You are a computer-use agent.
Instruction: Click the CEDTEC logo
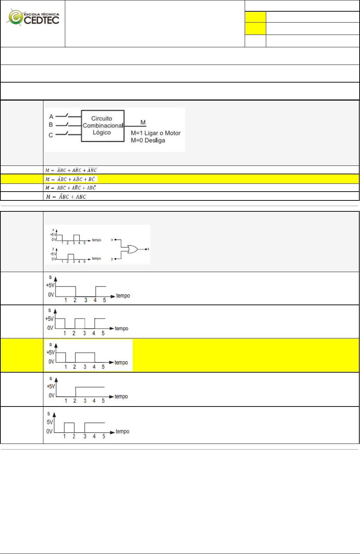pos(33,17)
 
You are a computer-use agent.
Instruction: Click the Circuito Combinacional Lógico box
pos(103,126)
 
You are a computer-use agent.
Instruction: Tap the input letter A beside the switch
pos(51,117)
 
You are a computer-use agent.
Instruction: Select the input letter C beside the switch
pos(51,135)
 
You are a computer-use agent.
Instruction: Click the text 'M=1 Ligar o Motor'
pos(155,133)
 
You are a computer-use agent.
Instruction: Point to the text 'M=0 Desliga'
pos(148,140)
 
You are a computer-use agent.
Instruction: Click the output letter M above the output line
pos(143,122)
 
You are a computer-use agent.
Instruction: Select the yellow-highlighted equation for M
pos(71,179)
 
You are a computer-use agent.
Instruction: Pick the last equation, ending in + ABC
pos(66,197)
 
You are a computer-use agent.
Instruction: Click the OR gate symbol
pos(133,249)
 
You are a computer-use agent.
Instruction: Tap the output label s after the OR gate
pos(148,249)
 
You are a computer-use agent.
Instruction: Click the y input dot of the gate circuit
pos(115,259)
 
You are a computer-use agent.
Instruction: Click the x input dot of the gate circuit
pos(115,240)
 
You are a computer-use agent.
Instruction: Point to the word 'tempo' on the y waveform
pos(96,259)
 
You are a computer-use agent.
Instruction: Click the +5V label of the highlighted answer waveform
pos(51,353)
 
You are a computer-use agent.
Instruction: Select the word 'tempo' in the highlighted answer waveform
pos(121,362)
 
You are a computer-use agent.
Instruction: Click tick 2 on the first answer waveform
pos(75,300)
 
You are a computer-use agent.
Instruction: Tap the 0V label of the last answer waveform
pos(49,431)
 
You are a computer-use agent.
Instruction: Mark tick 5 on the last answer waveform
pos(104,436)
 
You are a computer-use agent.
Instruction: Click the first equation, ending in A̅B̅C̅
pos(71,170)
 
